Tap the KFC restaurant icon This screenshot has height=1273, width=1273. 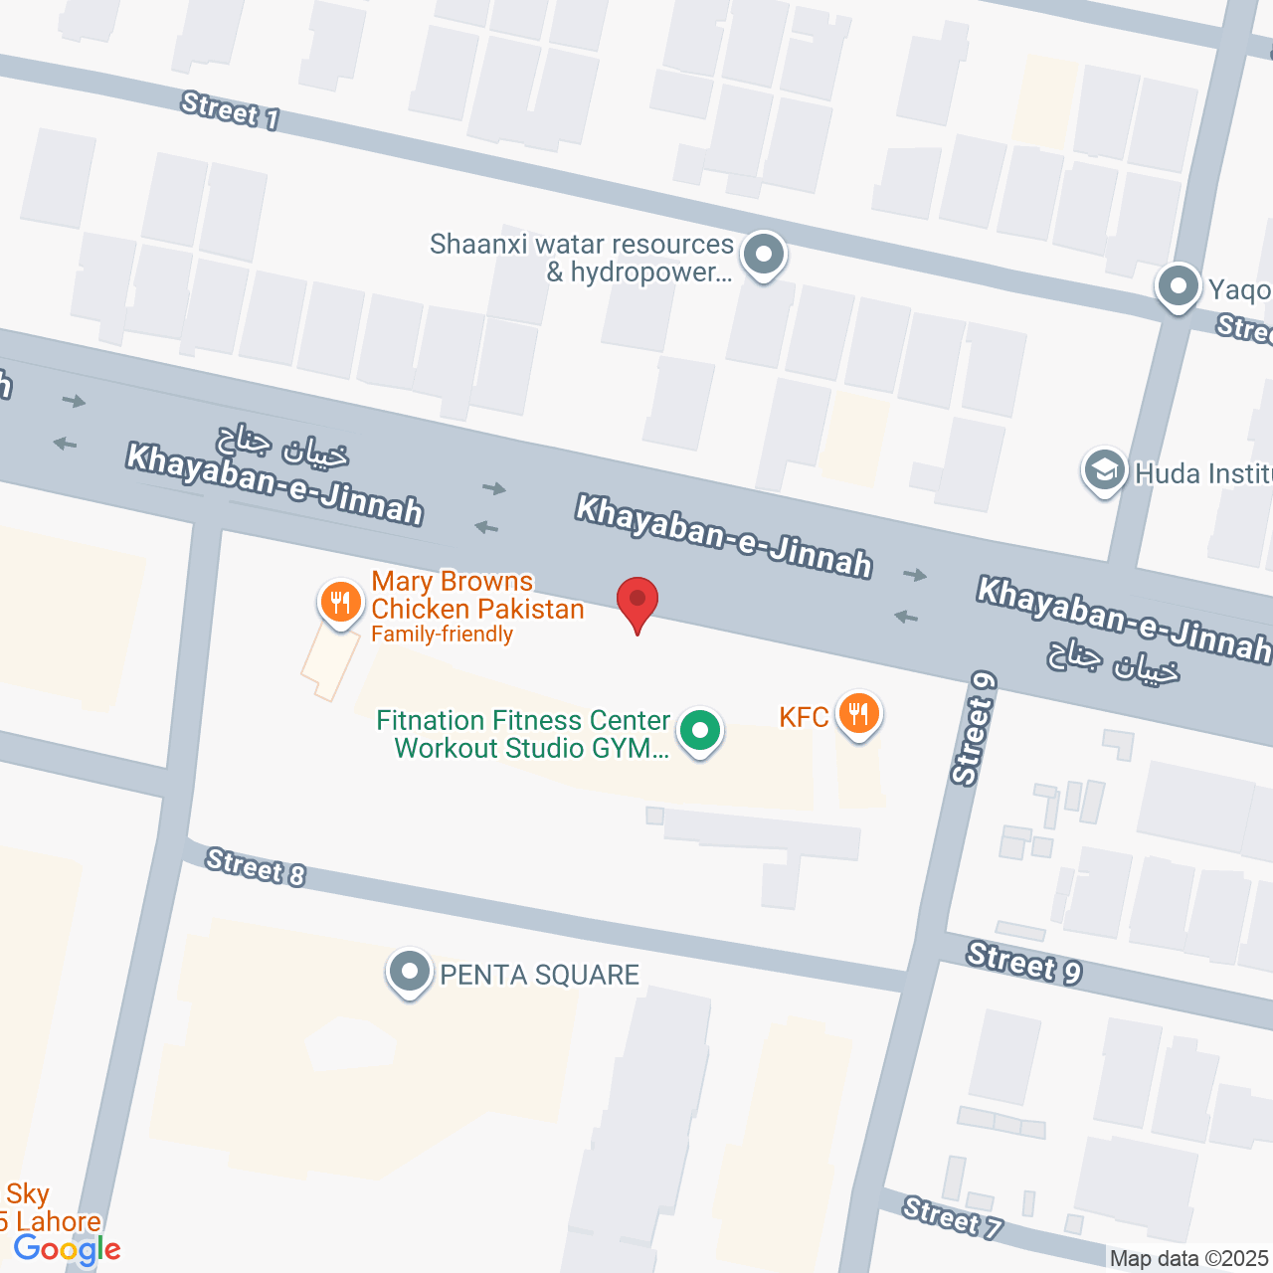857,714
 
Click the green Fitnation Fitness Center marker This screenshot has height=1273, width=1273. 700,731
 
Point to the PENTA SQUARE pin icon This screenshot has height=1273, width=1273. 409,972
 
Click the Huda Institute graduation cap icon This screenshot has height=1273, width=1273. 1103,470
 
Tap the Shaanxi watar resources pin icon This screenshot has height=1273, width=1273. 763,255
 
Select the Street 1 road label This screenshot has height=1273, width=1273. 230,110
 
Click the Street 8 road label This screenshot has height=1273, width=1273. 256,866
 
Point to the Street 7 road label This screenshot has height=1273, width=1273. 952,1217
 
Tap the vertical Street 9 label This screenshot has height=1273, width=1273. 973,728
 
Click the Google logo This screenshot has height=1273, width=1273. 67,1249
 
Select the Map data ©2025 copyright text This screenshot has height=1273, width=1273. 1189,1259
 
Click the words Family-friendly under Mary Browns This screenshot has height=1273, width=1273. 442,635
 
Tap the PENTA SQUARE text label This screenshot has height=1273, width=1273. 539,975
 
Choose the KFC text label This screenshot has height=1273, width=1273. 804,717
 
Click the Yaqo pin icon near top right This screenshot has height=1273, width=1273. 1179,286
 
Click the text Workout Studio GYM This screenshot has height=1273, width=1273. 531,748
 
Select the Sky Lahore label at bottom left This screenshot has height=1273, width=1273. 50,1207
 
